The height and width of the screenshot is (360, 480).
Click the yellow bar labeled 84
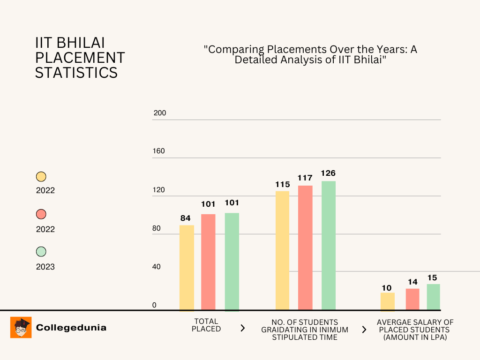coord(187,268)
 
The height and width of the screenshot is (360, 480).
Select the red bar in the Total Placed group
coord(208,262)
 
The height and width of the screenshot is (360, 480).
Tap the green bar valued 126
coord(328,245)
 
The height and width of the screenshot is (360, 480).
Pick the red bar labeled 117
coord(305,247)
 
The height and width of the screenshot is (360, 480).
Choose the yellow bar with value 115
coord(282,250)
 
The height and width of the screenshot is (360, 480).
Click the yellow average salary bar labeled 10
coord(387,301)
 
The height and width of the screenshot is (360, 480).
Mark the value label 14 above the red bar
coord(412,282)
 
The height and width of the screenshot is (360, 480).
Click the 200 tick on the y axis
coord(160,113)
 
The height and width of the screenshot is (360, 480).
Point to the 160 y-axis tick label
coord(160,151)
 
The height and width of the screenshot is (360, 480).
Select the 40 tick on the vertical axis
coord(157,267)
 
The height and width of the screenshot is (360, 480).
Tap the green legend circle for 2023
coord(41,252)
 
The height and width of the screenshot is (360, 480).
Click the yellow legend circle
coord(41,177)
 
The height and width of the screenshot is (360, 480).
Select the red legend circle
coord(41,214)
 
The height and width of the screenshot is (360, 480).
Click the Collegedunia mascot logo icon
coord(21,328)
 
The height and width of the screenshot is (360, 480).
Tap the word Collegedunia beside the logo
coord(71,328)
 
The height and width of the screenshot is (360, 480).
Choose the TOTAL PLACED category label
coord(206,325)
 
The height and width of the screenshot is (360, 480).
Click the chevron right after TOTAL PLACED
coord(242,328)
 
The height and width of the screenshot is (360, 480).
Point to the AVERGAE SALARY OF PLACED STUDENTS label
coord(415,330)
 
